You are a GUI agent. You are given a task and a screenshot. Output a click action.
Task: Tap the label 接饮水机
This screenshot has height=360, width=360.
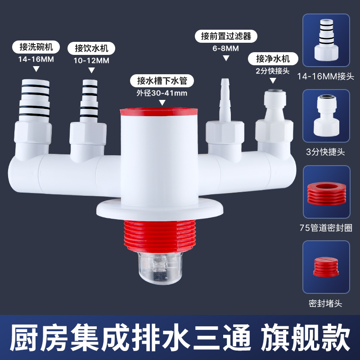(x=92, y=48)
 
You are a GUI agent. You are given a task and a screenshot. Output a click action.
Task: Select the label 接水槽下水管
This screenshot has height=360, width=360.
(x=162, y=81)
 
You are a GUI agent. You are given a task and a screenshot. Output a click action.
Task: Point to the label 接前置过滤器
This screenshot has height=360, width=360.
(x=223, y=36)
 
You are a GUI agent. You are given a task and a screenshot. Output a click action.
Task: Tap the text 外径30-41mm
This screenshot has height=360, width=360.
(x=162, y=94)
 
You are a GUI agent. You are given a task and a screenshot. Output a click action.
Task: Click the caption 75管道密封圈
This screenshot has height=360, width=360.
(x=326, y=228)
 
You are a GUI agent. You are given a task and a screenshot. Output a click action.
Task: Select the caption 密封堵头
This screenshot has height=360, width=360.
(x=326, y=303)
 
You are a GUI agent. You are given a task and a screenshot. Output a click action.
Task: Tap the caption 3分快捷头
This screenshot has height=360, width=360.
(x=326, y=152)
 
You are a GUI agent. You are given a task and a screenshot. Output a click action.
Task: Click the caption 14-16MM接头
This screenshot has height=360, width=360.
(x=326, y=76)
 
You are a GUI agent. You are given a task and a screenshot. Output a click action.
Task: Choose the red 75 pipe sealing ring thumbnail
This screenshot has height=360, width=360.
(x=326, y=193)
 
